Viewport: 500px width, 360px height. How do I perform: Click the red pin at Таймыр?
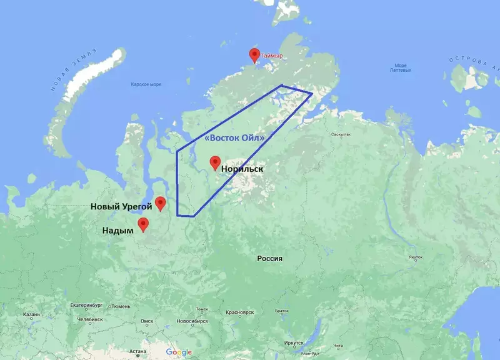[254, 55]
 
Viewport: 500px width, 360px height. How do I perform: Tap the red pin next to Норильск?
[215, 162]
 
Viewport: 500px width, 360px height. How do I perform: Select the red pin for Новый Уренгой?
[161, 203]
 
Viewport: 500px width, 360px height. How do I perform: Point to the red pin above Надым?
[144, 224]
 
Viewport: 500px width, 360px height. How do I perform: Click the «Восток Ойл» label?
[235, 137]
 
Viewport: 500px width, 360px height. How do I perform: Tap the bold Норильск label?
[242, 169]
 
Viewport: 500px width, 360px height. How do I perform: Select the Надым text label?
[118, 231]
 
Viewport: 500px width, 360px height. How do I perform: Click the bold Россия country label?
[270, 258]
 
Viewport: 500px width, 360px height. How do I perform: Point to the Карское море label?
[146, 84]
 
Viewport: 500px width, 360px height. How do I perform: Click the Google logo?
[179, 352]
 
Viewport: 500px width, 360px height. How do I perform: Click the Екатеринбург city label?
[89, 306]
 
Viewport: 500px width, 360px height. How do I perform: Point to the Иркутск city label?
[293, 342]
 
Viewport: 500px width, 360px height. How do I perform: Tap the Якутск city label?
[415, 257]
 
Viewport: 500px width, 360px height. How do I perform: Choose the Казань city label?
[31, 314]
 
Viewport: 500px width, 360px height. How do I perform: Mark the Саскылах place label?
[341, 134]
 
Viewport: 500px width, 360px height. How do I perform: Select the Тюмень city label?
[121, 306]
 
